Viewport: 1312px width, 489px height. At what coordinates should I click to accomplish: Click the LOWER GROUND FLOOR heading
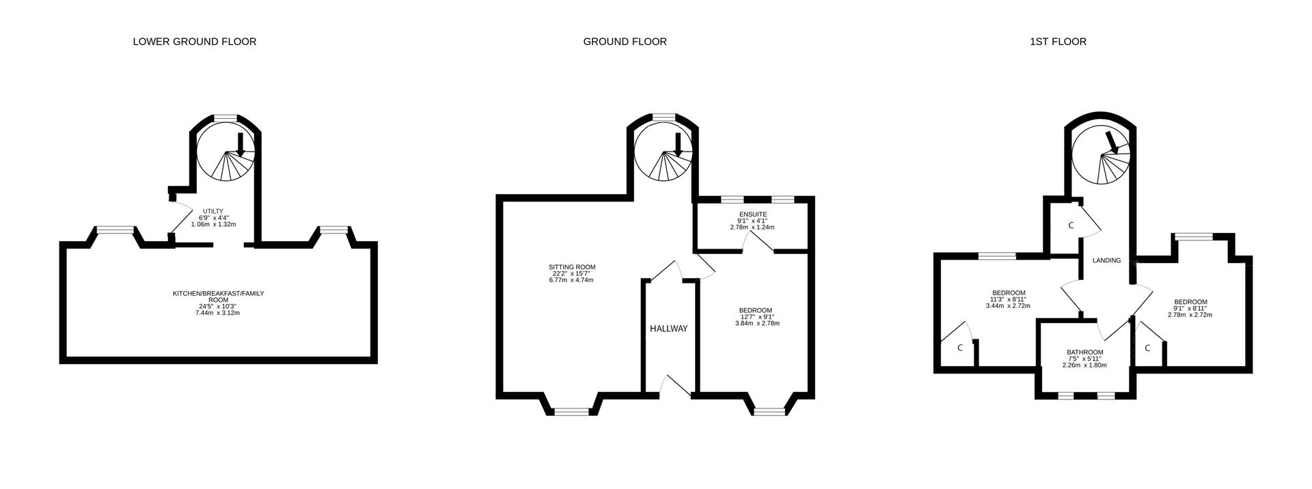(194, 42)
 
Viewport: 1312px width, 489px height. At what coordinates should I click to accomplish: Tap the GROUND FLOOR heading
(625, 42)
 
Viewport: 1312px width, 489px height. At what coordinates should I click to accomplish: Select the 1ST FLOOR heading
(1058, 42)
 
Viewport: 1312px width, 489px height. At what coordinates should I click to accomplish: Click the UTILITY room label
(213, 211)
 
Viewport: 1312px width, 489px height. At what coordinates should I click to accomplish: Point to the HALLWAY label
(668, 329)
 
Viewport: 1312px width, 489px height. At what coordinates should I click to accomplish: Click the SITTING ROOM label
(572, 267)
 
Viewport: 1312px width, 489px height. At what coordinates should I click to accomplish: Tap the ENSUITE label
(752, 214)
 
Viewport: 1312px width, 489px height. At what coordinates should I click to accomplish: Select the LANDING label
(1106, 260)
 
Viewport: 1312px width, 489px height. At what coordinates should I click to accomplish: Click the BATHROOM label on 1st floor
(1084, 352)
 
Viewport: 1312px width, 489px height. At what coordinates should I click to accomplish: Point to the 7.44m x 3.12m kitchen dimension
(218, 313)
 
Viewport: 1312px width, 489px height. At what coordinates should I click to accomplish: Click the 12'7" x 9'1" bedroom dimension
(756, 316)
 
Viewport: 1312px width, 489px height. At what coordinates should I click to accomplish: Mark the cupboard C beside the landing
(1071, 225)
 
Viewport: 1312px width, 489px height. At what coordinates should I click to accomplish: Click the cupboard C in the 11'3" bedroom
(960, 348)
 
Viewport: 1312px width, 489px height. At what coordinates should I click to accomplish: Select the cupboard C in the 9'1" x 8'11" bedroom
(1147, 348)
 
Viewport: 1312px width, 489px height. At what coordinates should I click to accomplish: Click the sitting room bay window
(571, 411)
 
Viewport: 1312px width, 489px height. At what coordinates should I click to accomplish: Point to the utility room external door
(176, 217)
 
